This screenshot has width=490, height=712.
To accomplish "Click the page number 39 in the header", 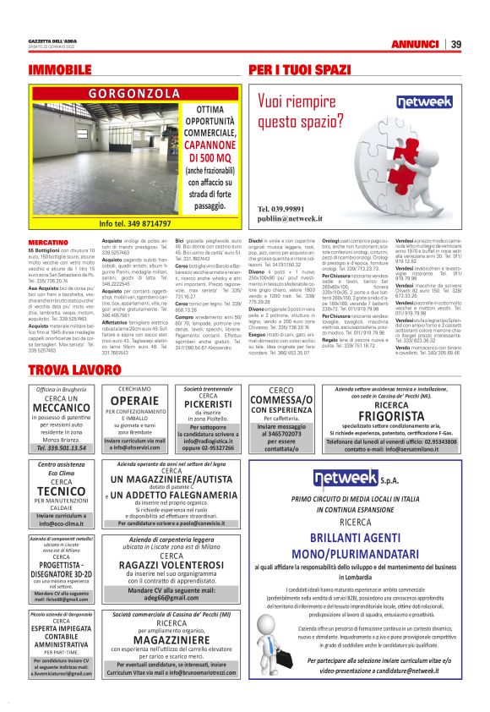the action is click(455, 45).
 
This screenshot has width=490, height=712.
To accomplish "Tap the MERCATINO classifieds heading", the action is click(48, 243).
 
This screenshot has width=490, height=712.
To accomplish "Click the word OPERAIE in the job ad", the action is click(134, 400).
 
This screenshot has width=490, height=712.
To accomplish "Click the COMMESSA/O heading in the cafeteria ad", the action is click(282, 401).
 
